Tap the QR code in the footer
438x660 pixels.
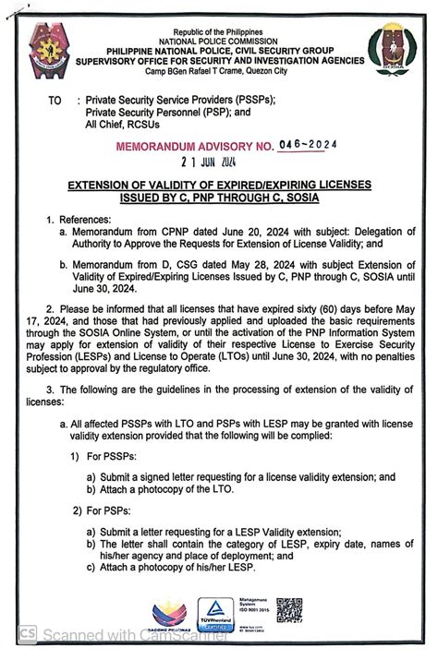click(x=288, y=611)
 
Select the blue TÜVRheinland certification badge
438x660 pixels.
click(x=215, y=613)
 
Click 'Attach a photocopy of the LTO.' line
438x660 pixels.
click(x=161, y=488)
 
